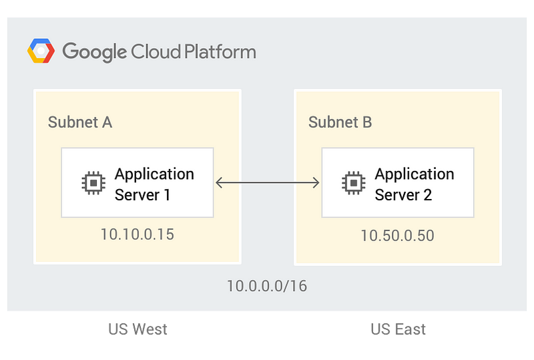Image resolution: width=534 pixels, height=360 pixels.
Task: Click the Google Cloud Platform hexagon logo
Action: pos(41,51)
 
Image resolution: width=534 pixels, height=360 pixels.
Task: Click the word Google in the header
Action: pos(94,52)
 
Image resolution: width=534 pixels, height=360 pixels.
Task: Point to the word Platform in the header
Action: pos(220,51)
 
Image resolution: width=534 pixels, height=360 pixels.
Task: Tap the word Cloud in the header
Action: pos(156,51)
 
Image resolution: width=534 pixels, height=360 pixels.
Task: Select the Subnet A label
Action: pos(80,122)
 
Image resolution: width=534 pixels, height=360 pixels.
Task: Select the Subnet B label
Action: pos(340,122)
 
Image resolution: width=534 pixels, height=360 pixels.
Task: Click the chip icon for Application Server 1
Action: pos(93,183)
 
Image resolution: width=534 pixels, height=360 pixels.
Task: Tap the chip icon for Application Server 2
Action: pos(354,183)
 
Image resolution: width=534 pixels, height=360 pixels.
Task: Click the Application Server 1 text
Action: pos(154,184)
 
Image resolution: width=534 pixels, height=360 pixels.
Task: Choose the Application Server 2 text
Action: pos(415,184)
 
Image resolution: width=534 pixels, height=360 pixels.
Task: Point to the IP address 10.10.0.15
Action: pos(138,234)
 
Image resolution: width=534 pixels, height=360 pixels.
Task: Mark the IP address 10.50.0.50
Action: pos(397,236)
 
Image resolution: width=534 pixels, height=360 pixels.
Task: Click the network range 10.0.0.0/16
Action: pos(267,286)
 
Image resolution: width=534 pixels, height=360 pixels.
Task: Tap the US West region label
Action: pos(138,329)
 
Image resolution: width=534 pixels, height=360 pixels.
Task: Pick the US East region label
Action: pos(398,329)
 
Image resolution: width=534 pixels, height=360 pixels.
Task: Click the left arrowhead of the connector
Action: pos(220,183)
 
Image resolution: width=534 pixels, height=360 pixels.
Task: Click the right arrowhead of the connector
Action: pos(316,183)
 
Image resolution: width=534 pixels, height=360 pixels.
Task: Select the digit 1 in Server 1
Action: pos(167,195)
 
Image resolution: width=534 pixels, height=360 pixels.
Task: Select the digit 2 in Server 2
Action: pos(428,195)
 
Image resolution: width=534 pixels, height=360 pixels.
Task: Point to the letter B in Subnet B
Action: pos(368,122)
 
